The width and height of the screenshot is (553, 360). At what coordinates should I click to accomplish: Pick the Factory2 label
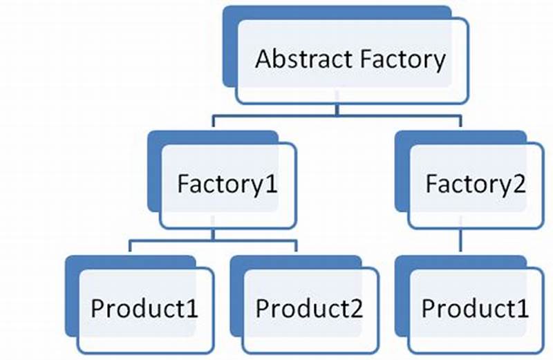pyautogui.click(x=476, y=184)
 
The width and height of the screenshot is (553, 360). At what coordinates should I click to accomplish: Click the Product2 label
pyautogui.click(x=308, y=308)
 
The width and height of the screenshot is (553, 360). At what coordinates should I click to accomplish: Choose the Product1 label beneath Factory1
pyautogui.click(x=144, y=308)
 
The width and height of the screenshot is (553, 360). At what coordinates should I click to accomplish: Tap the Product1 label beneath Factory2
pyautogui.click(x=475, y=308)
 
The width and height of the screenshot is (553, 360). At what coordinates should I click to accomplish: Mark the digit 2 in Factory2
pyautogui.click(x=518, y=184)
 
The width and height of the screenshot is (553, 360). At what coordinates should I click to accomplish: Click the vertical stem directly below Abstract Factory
pyautogui.click(x=337, y=110)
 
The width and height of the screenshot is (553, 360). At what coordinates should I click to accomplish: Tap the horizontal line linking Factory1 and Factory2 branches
pyautogui.click(x=337, y=117)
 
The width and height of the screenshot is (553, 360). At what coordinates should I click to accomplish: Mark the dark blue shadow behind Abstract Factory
pyautogui.click(x=232, y=41)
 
